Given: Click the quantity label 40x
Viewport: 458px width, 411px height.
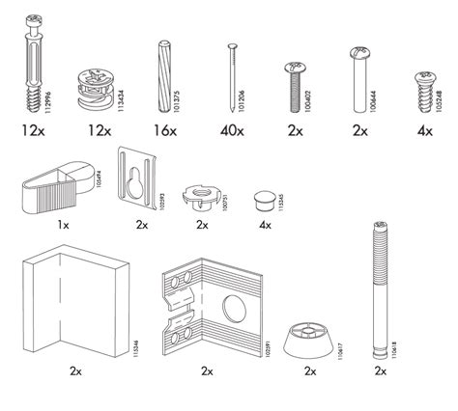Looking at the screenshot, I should click(x=233, y=128).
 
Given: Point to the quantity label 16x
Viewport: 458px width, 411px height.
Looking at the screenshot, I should click(x=164, y=128).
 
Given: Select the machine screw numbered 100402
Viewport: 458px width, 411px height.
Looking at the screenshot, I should click(x=293, y=87).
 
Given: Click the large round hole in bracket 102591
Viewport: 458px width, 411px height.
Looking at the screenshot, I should click(x=235, y=312).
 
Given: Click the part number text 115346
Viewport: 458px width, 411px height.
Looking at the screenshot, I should click(x=133, y=339).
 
